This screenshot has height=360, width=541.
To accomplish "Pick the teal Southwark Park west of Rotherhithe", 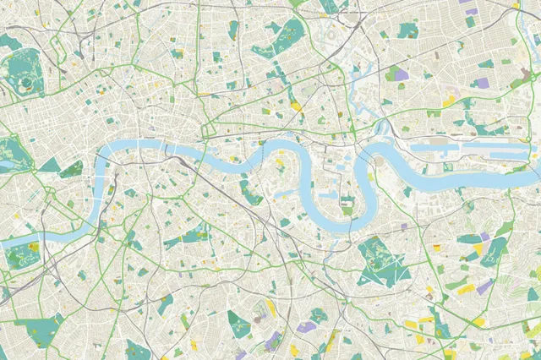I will pyautogui.click(x=250, y=194).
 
